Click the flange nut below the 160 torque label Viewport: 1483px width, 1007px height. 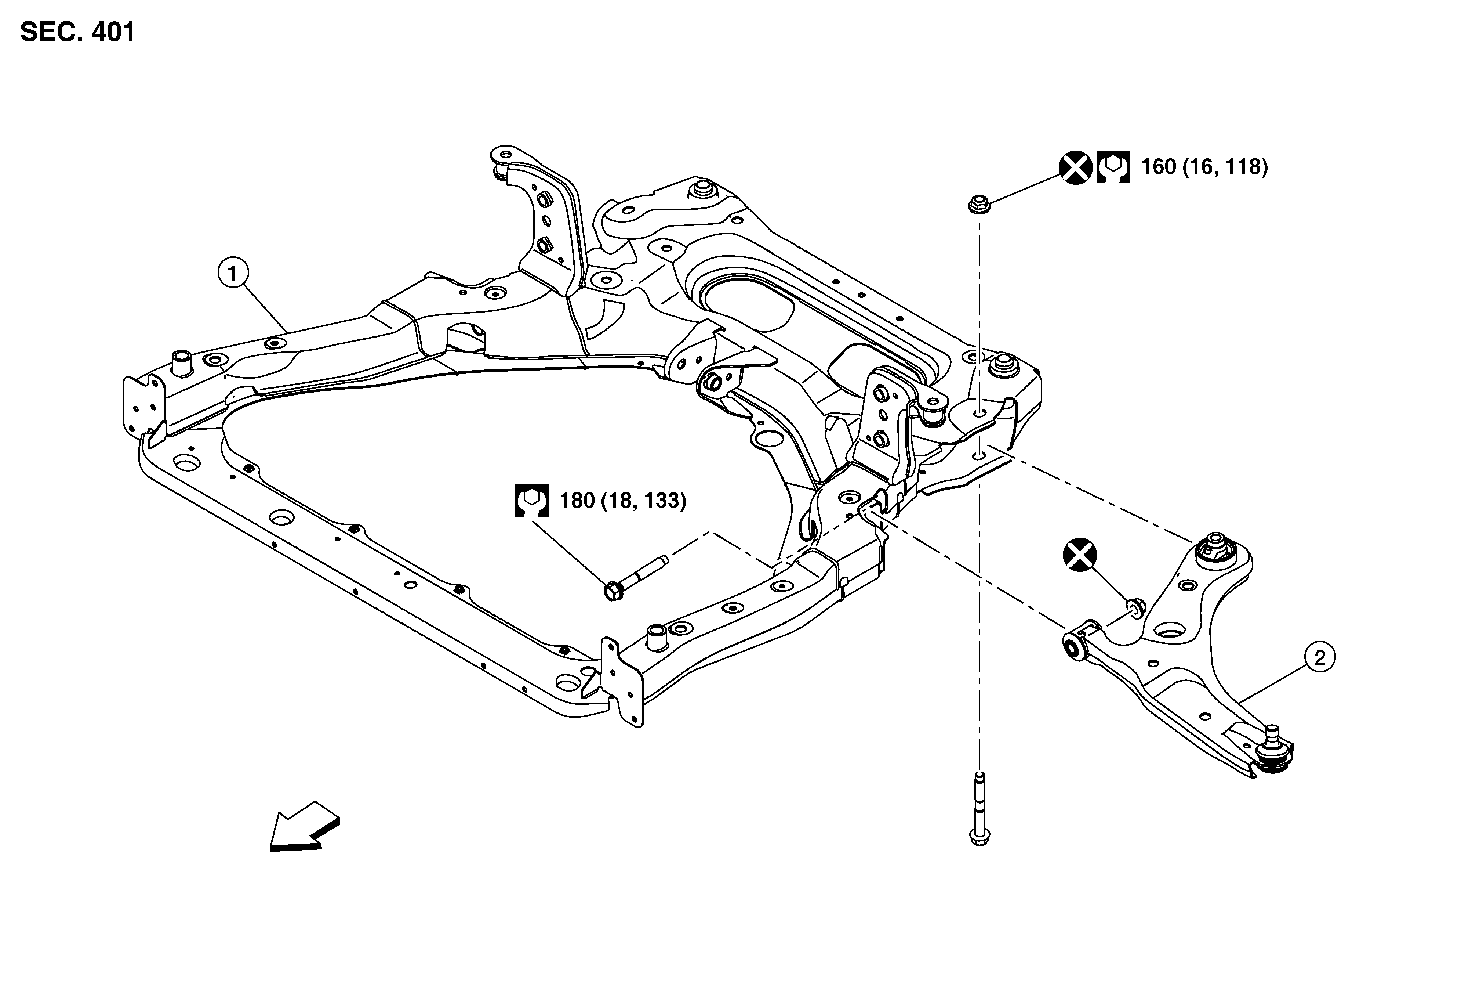click(x=978, y=204)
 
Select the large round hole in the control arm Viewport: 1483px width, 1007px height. click(x=1168, y=632)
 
